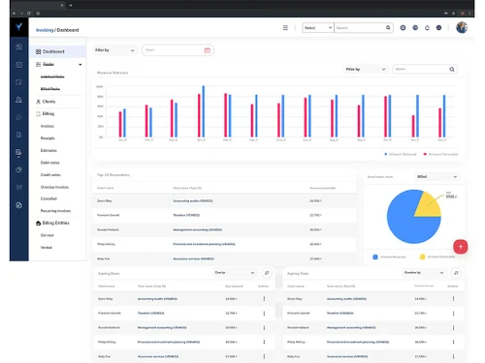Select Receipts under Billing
48,137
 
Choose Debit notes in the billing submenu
51,162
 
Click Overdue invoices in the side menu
55,186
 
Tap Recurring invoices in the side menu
56,210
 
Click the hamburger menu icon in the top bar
285,28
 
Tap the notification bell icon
428,28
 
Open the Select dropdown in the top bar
316,28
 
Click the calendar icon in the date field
207,49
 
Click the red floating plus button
460,247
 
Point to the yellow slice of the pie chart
426,201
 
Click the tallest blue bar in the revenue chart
203,111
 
